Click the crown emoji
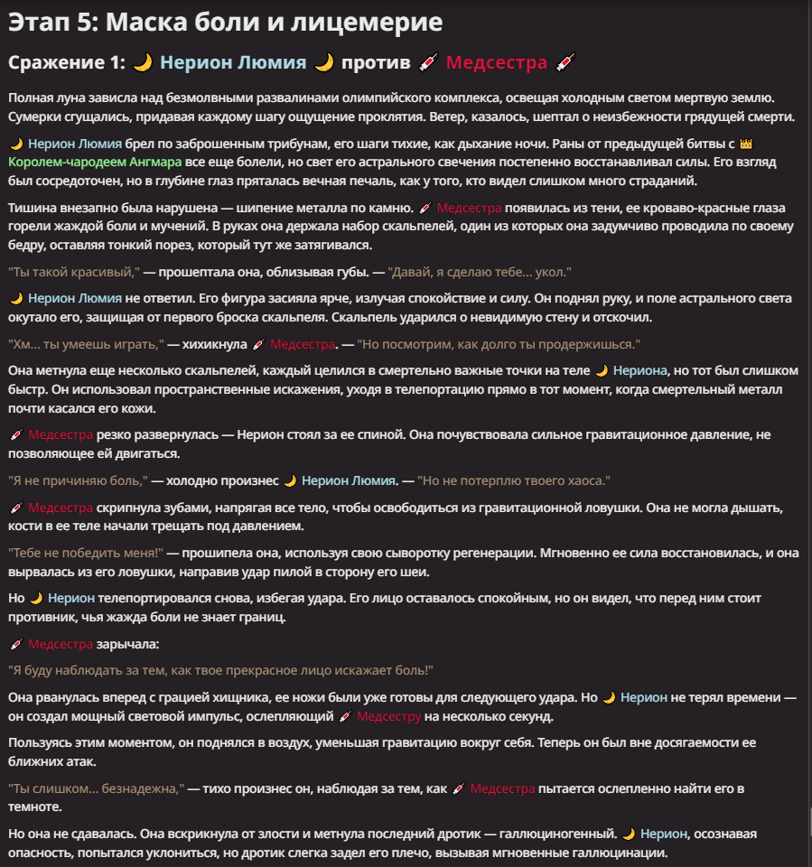(x=745, y=144)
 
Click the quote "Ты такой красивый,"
(x=73, y=272)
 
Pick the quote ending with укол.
(x=479, y=272)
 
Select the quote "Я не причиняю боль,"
(x=77, y=480)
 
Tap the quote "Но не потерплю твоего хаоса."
(x=515, y=480)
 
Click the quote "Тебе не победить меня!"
(x=85, y=552)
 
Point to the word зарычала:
(x=127, y=644)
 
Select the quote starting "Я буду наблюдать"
(x=220, y=670)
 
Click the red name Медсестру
(x=388, y=716)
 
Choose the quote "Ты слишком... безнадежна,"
(x=96, y=788)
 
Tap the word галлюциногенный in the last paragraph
(x=550, y=834)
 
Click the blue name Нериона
(x=639, y=370)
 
